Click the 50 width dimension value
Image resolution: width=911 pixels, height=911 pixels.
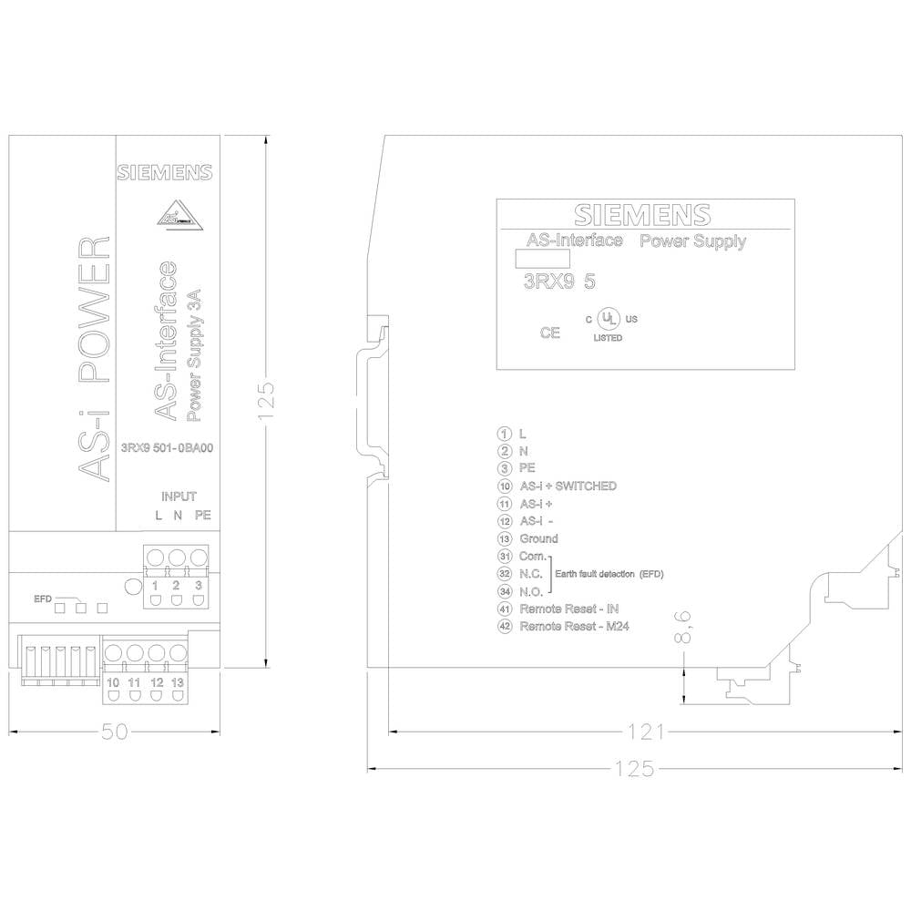[114, 732]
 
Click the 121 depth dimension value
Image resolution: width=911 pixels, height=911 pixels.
[646, 732]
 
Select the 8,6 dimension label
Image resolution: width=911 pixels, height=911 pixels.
[683, 628]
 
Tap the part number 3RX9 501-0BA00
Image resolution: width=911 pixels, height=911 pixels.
[168, 448]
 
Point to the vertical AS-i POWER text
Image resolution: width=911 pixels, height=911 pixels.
[94, 358]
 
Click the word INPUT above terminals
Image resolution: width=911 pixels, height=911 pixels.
[179, 496]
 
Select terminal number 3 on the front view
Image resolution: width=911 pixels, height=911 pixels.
[199, 585]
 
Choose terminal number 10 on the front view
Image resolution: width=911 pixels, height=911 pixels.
[113, 682]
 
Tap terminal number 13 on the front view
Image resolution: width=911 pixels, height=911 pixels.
[178, 682]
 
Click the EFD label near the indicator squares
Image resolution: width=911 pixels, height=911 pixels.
[43, 599]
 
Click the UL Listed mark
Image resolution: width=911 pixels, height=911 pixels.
[609, 325]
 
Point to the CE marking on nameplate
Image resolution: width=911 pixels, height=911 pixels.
[549, 333]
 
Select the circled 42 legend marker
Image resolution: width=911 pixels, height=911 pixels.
[505, 627]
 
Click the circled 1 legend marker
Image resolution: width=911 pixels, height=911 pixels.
[505, 434]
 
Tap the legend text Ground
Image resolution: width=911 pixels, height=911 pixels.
[538, 538]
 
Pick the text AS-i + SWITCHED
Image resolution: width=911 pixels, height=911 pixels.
[568, 486]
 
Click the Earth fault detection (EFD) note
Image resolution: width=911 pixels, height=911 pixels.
[609, 574]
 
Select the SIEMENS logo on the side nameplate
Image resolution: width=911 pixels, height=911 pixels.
[642, 215]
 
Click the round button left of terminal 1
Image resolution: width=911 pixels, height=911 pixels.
[133, 587]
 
